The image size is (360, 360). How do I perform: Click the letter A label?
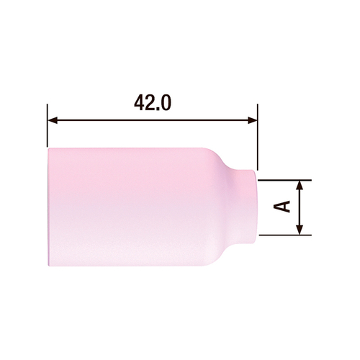click(x=283, y=207)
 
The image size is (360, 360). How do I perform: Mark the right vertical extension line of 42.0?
click(x=257, y=133)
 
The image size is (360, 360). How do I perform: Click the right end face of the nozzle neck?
click(x=256, y=207)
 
